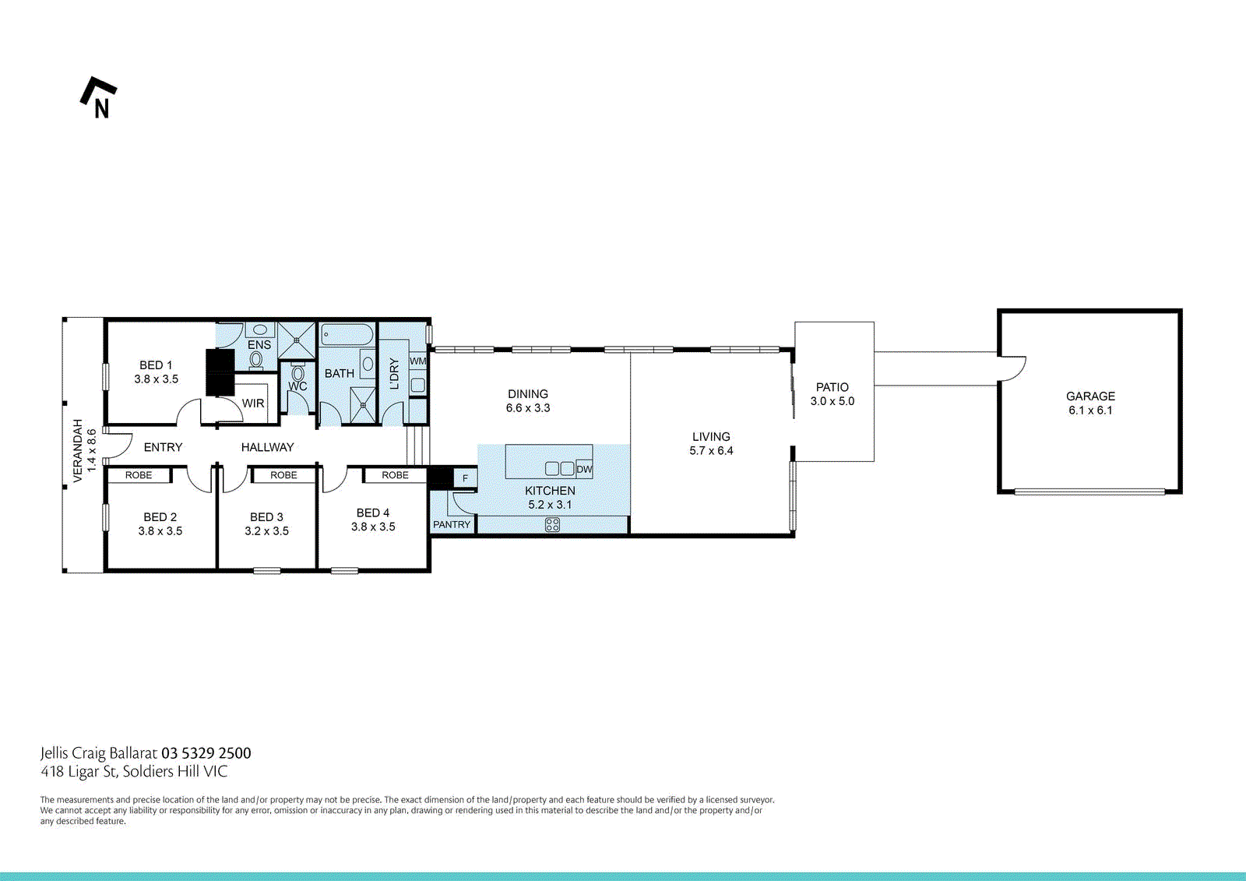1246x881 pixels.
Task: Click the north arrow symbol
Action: click(x=98, y=97)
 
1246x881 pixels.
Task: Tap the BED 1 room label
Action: click(x=156, y=372)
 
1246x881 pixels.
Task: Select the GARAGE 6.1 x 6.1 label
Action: click(x=1090, y=403)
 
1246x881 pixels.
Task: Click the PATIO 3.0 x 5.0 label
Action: click(x=832, y=393)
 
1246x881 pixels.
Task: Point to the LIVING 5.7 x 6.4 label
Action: click(x=711, y=443)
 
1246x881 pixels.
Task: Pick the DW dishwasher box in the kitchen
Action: click(x=584, y=469)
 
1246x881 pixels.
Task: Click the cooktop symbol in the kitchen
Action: click(x=552, y=525)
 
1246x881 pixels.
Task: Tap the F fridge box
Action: click(x=465, y=478)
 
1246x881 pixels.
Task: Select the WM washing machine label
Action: click(x=418, y=361)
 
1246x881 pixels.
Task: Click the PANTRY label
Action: click(x=452, y=524)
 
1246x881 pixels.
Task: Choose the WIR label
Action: click(x=253, y=403)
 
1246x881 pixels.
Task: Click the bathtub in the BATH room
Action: click(x=347, y=336)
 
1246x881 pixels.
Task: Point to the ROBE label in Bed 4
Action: click(x=395, y=475)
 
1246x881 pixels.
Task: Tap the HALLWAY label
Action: click(x=267, y=447)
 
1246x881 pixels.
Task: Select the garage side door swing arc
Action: click(x=1012, y=368)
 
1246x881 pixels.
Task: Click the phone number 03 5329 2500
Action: click(x=206, y=753)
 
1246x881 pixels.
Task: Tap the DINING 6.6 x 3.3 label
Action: click(x=528, y=400)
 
